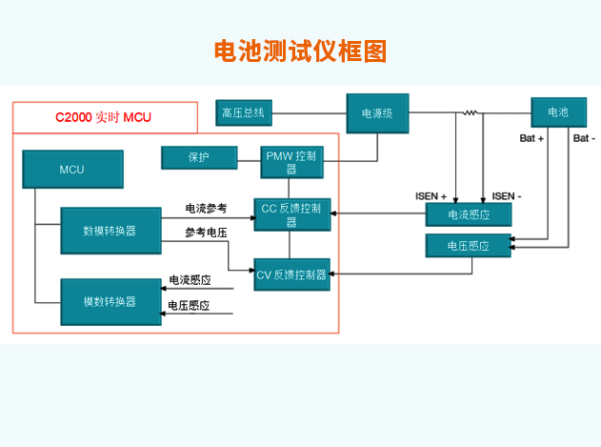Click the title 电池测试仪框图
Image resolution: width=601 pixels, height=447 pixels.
coord(300,51)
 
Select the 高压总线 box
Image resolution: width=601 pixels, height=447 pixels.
coord(244,112)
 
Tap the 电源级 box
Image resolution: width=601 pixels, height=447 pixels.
coord(377,113)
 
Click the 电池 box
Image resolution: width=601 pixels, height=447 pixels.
coord(557,112)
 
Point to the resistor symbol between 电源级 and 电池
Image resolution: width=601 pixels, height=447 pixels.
coord(470,113)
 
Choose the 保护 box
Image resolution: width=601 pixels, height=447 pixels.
coord(199,156)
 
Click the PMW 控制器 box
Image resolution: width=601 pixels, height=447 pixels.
coord(291,162)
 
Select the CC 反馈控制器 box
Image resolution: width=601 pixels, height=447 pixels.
coord(291,214)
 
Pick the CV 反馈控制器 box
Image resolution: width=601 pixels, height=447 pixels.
coord(291,274)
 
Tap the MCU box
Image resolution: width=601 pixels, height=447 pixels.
coord(71,170)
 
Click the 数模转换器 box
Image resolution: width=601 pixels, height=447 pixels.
coord(110,231)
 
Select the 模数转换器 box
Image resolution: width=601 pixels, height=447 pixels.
coord(110,301)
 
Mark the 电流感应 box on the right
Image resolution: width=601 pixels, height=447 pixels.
coord(468,214)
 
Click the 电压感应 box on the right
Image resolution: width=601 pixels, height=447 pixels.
coord(468,246)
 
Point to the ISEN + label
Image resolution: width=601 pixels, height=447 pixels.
coord(431,195)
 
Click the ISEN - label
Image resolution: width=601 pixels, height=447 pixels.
coord(507,195)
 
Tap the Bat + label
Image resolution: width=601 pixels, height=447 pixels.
coord(531,138)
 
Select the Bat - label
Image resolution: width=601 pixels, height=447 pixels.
coord(584,138)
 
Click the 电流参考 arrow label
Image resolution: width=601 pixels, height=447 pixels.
coord(206,208)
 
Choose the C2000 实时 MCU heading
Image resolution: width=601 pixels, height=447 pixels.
coord(103,117)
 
